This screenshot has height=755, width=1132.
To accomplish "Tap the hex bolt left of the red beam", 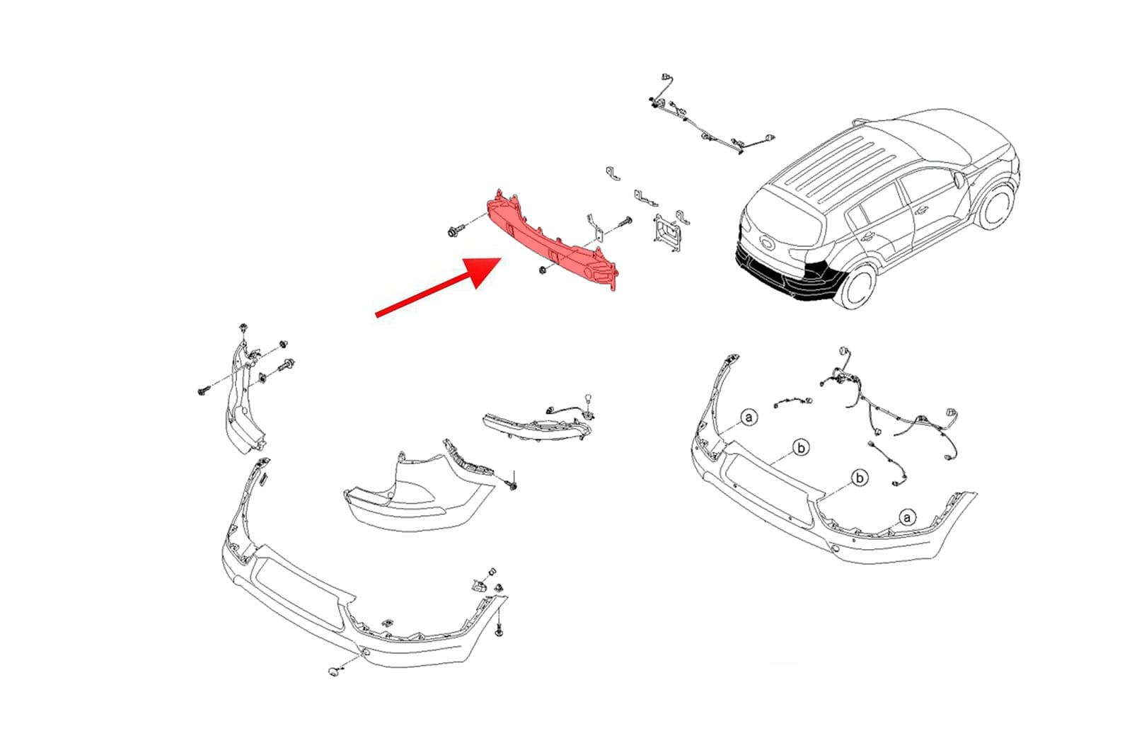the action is [454, 231].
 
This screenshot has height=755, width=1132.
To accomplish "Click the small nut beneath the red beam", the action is [542, 270].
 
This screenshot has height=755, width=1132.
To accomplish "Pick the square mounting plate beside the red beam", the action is [668, 232].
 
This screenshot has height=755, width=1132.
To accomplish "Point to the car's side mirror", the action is [959, 180].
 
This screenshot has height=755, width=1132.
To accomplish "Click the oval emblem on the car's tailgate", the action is [767, 243].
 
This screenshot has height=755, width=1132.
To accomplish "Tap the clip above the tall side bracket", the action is [243, 328].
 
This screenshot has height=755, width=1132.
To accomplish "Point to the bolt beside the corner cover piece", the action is [513, 483].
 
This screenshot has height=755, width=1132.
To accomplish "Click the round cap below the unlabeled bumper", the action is [333, 672].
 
